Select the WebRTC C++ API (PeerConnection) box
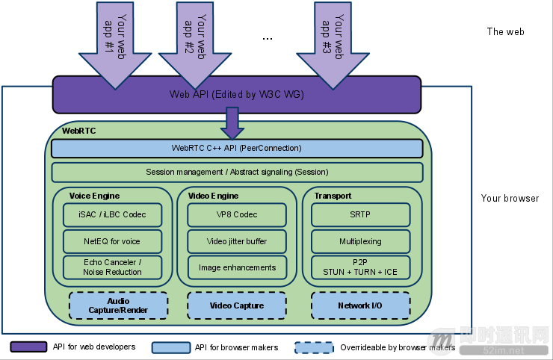click(x=236, y=148)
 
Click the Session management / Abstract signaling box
click(x=236, y=173)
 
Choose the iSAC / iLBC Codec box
click(x=112, y=214)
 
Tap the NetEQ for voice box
click(x=112, y=241)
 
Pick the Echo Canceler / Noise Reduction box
click(x=112, y=267)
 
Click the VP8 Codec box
click(x=236, y=214)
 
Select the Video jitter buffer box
click(x=236, y=241)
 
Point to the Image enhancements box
click(x=236, y=267)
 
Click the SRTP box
click(x=360, y=214)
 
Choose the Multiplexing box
click(x=360, y=241)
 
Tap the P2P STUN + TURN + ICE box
click(x=360, y=267)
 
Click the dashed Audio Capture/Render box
click(x=118, y=305)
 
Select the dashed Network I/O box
click(x=360, y=305)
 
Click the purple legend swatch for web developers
click(x=29, y=347)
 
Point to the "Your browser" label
click(x=510, y=199)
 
